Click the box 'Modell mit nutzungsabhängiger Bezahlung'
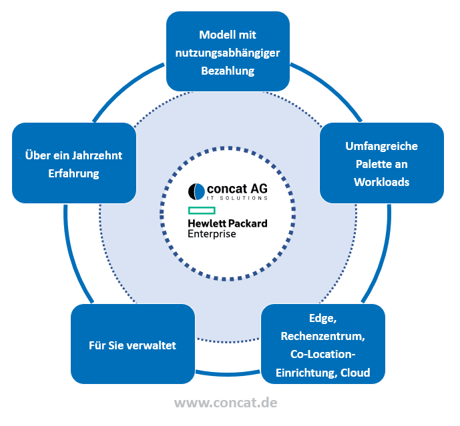pos(228,52)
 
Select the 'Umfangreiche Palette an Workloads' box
pos(381,163)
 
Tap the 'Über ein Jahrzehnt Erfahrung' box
pos(73,163)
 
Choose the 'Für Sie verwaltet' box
pos(132,345)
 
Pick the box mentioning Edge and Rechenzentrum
pos(322,345)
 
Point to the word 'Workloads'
pos(381,181)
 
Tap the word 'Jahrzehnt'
pos(97,155)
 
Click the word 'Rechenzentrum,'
pos(323,335)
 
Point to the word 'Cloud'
pos(355,372)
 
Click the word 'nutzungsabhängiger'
pos(228,53)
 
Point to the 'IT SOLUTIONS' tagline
pos(237,199)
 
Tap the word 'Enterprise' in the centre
pos(212,234)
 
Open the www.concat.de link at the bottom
pos(226,403)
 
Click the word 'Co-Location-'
pos(323,353)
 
